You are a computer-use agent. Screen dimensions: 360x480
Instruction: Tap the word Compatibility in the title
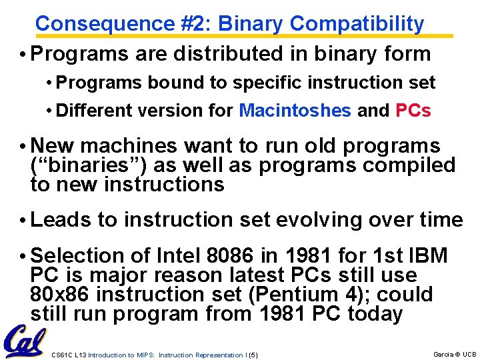(357, 24)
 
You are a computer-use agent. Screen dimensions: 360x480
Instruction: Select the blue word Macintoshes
(295, 110)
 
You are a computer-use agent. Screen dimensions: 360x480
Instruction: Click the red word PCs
(413, 110)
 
